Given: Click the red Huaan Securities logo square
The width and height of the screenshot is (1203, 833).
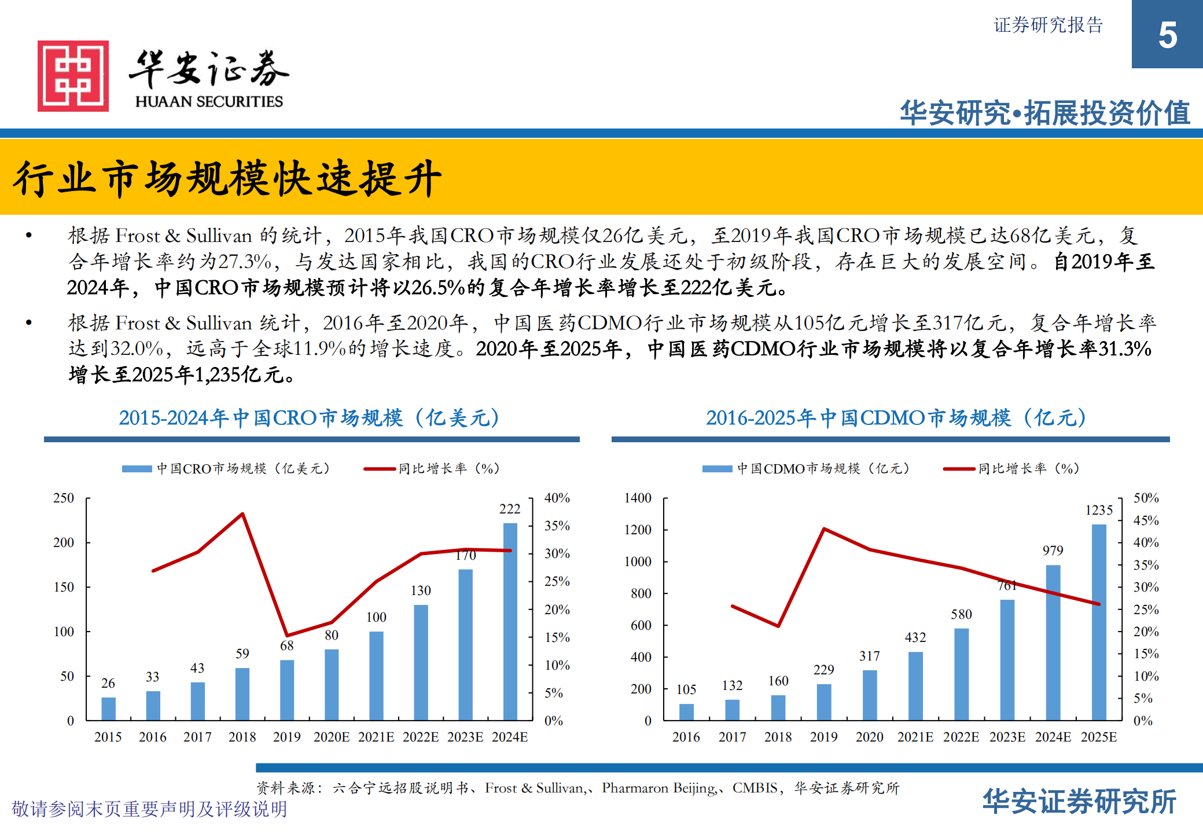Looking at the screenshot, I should tap(73, 76).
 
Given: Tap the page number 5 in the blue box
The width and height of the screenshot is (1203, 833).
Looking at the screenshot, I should tap(1167, 35).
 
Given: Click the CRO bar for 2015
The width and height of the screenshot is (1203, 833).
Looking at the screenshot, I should tap(108, 709).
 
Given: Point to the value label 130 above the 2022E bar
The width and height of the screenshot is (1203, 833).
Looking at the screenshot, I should tap(421, 590).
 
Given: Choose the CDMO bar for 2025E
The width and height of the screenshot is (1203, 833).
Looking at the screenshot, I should tap(1098, 622).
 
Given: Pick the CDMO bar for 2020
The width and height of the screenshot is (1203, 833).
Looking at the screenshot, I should tap(869, 695).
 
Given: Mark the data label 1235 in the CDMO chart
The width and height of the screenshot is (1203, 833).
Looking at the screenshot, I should tap(1098, 510).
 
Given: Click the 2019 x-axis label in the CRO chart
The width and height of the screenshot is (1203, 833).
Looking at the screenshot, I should tap(286, 737).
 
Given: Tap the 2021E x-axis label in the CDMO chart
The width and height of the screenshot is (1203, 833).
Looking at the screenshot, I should tap(915, 737).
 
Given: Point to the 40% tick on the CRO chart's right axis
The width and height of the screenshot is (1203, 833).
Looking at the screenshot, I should tap(557, 498).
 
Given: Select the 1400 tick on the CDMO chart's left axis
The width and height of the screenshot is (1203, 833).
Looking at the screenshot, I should tap(637, 498).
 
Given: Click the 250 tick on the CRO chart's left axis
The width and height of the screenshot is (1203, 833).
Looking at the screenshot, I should tap(64, 498).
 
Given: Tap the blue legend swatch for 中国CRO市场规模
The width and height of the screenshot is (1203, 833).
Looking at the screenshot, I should tap(137, 469).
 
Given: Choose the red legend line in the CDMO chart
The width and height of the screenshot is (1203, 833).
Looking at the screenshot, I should tap(958, 469).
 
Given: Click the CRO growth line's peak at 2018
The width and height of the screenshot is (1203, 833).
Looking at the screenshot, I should tap(242, 513).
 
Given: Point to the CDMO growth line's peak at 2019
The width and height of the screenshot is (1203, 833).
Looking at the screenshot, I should tap(823, 529).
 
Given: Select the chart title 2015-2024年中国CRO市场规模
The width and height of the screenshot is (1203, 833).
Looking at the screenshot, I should tap(309, 418).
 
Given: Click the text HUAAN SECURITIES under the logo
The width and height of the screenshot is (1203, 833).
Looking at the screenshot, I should tap(209, 101).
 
